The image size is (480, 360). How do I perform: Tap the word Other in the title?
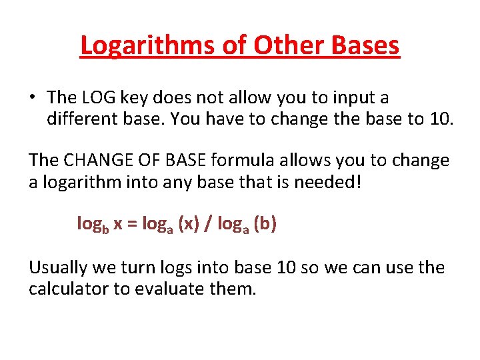tap(273, 45)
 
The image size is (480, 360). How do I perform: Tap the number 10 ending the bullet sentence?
tap(436, 119)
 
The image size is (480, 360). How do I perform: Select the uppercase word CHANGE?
tap(99, 161)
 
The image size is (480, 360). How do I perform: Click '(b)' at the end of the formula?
tap(265, 225)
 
